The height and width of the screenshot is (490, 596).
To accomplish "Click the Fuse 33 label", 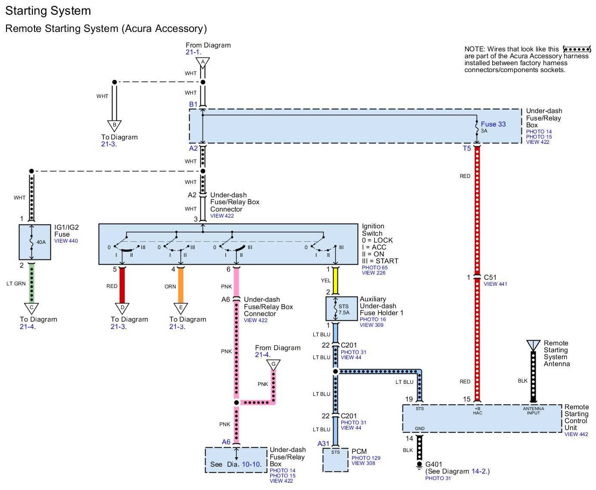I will pyautogui.click(x=493, y=124).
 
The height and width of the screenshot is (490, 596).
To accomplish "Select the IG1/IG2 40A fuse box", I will pyautogui.click(x=35, y=242).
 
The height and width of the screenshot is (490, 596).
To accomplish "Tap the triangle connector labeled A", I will pyautogui.click(x=203, y=63).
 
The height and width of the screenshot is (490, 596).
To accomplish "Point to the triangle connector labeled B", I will pyautogui.click(x=114, y=125).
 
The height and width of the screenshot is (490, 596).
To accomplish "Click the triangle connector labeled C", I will pyautogui.click(x=31, y=308).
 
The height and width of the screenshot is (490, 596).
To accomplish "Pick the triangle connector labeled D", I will pyautogui.click(x=122, y=308).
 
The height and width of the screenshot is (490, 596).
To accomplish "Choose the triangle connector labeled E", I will pyautogui.click(x=181, y=308).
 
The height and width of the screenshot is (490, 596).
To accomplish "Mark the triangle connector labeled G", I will pyautogui.click(x=273, y=365).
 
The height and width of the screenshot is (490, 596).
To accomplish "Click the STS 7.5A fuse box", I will pyautogui.click(x=341, y=309).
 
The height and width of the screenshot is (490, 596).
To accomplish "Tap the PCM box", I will pyautogui.click(x=335, y=460).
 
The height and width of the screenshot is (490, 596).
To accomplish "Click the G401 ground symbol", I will pyautogui.click(x=419, y=466).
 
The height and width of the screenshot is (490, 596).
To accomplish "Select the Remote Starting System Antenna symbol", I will pyautogui.click(x=533, y=345).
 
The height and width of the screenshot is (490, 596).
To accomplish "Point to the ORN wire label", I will pyautogui.click(x=170, y=287).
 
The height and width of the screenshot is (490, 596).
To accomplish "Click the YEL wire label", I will pyautogui.click(x=326, y=281).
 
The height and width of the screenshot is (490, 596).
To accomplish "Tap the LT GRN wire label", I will pyautogui.click(x=16, y=284).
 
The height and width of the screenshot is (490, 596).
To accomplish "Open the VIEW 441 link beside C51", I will pyautogui.click(x=495, y=284).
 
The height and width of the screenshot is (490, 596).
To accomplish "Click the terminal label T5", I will pyautogui.click(x=467, y=149).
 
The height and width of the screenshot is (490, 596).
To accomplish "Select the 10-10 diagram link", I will pyautogui.click(x=251, y=465).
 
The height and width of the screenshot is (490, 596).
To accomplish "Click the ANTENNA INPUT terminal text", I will pyautogui.click(x=533, y=411).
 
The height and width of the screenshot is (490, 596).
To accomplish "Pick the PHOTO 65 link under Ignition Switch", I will pyautogui.click(x=374, y=268).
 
